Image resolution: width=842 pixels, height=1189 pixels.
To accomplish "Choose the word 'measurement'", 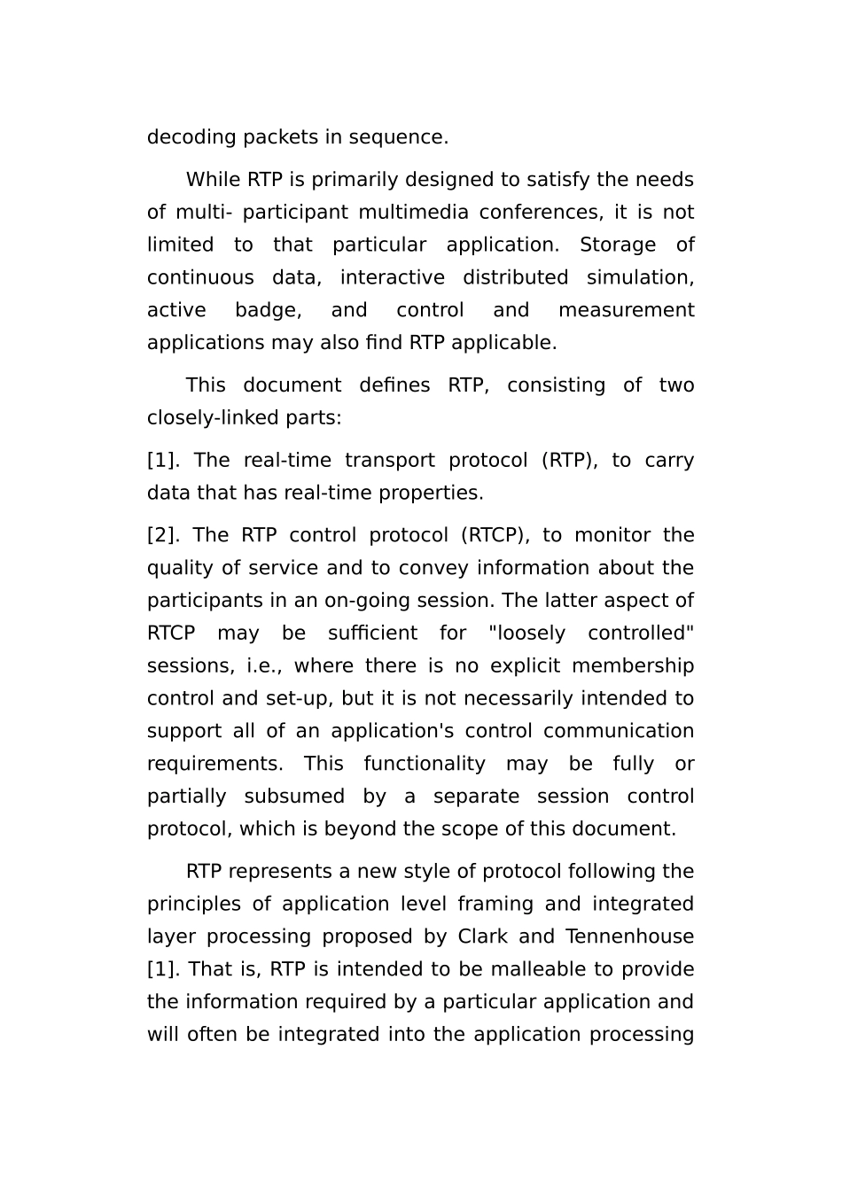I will click(x=626, y=311).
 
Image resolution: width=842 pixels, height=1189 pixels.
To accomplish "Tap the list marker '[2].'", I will click(x=163, y=536).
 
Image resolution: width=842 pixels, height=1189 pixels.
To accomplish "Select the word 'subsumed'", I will click(x=294, y=797).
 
